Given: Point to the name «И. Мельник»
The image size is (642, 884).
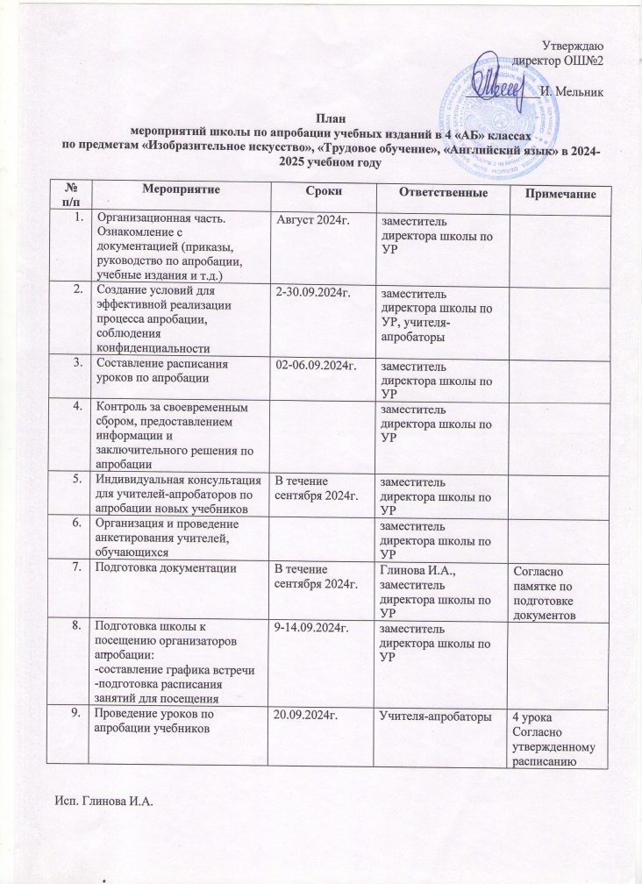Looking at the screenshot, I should click(x=571, y=91).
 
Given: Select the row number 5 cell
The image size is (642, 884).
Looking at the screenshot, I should click(x=79, y=479).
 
